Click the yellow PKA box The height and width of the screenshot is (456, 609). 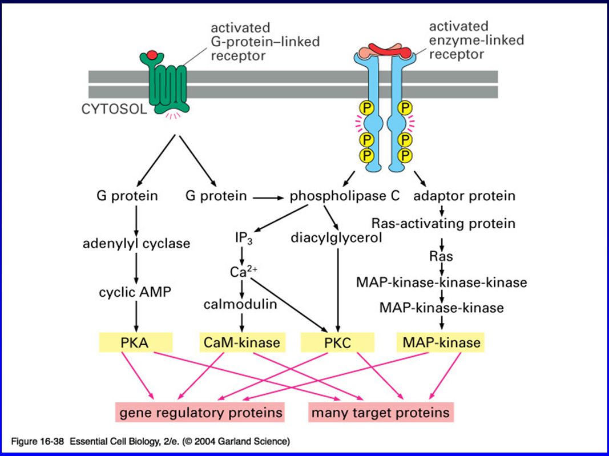[135, 342]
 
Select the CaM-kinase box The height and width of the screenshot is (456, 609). [243, 342]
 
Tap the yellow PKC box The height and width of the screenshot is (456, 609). [337, 342]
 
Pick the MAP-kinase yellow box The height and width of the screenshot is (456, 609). [441, 342]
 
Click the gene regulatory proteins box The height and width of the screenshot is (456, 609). [200, 412]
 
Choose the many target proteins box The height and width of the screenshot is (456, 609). [381, 412]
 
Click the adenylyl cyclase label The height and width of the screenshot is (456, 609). [136, 244]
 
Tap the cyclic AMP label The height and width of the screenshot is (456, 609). [135, 292]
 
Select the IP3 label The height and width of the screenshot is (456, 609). [244, 238]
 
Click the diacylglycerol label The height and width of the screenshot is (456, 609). [336, 238]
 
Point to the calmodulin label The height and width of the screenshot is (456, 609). [240, 304]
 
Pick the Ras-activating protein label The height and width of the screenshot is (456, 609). [443, 224]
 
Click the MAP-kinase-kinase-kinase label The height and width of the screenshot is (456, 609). [442, 283]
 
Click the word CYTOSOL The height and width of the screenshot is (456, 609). [114, 109]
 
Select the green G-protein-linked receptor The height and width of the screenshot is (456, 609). [165, 83]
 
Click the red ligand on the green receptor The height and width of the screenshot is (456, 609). [152, 54]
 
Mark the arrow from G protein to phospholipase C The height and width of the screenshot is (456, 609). [268, 198]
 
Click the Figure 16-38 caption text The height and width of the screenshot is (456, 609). [150, 441]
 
